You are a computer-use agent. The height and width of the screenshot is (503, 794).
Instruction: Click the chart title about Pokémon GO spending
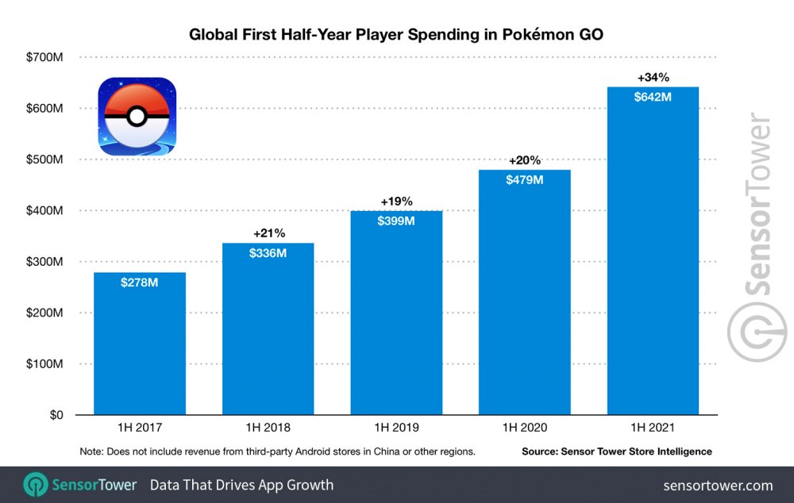point(396,35)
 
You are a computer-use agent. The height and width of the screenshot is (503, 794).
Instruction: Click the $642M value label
point(653,98)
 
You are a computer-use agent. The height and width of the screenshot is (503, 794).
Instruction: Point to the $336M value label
point(268,254)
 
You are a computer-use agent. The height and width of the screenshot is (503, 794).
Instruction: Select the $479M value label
point(524,180)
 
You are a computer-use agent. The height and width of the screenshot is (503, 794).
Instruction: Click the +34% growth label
point(653,78)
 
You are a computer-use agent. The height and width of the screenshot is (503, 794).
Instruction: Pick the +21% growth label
point(268,233)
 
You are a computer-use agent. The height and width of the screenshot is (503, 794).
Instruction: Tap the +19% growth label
point(396,202)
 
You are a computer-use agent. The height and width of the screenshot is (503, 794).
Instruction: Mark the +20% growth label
point(524,160)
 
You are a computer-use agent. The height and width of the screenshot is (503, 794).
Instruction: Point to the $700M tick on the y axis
point(45,57)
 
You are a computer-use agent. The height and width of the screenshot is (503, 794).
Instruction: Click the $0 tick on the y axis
point(56,415)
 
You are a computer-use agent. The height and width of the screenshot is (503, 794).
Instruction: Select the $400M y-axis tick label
point(45,210)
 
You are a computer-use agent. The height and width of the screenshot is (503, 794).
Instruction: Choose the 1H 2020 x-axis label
point(524,428)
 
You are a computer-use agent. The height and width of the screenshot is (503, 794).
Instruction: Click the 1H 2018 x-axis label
point(268,428)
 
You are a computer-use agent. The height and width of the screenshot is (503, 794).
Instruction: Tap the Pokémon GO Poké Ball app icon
point(137,117)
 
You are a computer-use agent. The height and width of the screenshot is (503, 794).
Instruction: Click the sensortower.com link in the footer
point(717,485)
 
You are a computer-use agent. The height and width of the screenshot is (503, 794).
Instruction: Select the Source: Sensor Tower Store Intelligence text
point(616,451)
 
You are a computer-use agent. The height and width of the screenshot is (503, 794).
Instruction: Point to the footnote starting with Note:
point(277,451)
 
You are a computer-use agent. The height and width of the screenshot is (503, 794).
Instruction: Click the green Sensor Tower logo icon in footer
point(36,485)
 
